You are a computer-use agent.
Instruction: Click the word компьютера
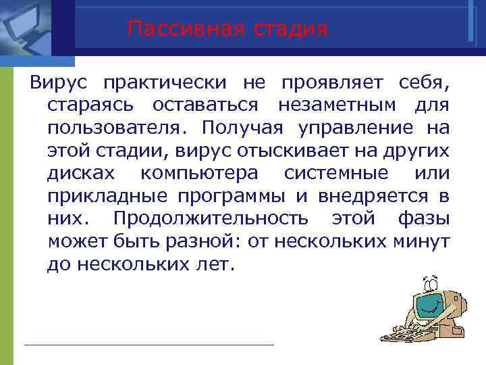pyautogui.click(x=200, y=174)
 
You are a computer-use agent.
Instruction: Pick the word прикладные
pyautogui.click(x=111, y=197)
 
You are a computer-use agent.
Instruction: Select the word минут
pyautogui.click(x=426, y=241)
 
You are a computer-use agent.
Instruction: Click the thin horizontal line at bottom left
pyautogui.click(x=148, y=345)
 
